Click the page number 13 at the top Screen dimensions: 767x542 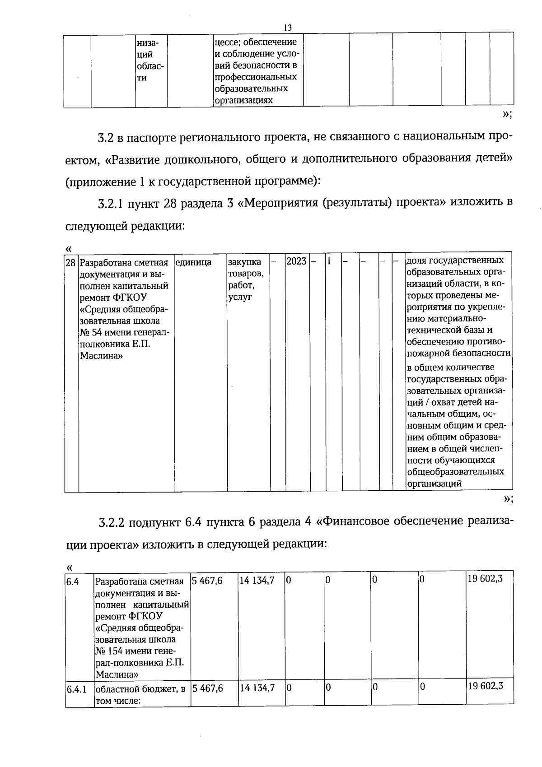287,28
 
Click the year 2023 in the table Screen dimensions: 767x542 296,261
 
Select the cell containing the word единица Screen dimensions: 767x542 193,262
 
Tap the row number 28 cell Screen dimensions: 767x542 70,262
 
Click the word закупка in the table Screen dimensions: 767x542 244,262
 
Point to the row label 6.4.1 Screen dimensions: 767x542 76,690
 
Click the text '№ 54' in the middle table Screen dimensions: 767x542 93,333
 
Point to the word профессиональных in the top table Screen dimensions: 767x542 256,77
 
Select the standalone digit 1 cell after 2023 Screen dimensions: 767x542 329,261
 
